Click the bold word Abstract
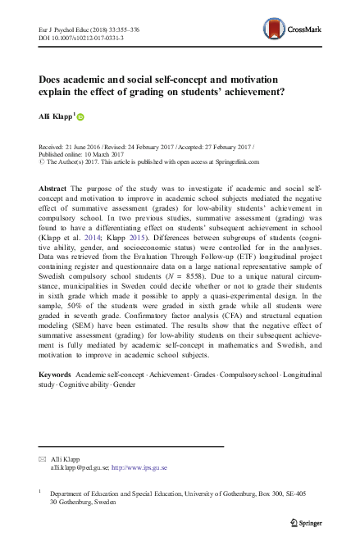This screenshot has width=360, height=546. (x=52, y=189)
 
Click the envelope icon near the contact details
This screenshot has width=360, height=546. (x=43, y=459)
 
